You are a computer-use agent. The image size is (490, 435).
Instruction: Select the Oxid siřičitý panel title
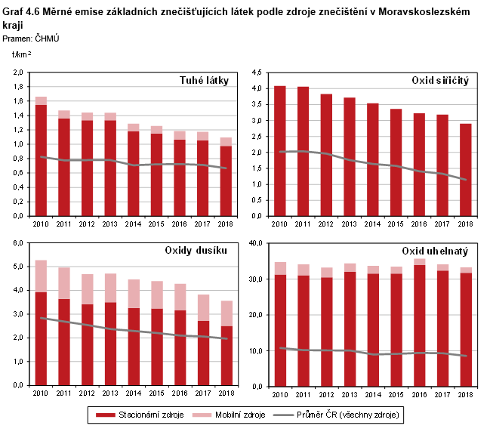(441, 80)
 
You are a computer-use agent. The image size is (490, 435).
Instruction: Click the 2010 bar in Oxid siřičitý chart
(279, 151)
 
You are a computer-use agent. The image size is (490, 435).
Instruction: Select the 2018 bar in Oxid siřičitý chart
(466, 170)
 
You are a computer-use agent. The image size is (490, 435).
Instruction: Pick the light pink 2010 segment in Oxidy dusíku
(41, 276)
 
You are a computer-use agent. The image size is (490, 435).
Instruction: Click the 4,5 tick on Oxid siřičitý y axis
(256, 72)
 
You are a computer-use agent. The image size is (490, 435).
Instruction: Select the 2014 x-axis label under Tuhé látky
(134, 224)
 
